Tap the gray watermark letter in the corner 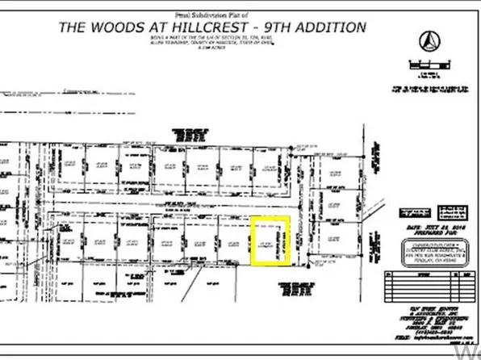tap(467, 353)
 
